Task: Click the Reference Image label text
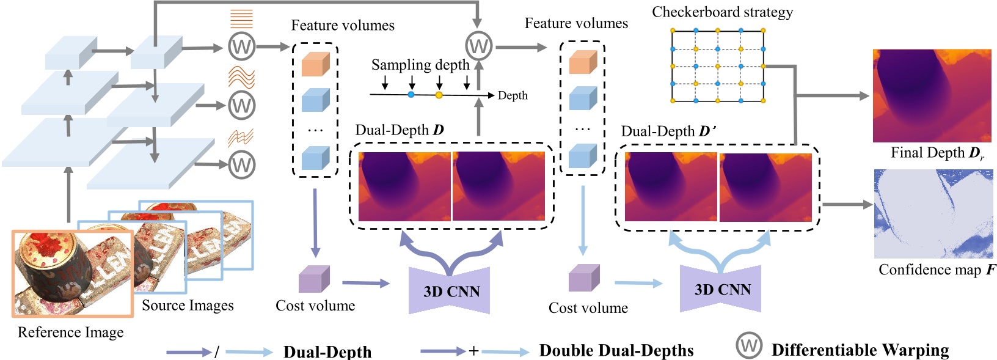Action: tap(70, 332)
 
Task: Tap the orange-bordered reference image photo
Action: tap(72, 273)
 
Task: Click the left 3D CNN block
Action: tap(450, 291)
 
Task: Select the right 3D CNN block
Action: tap(721, 289)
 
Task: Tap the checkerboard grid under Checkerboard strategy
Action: tap(718, 65)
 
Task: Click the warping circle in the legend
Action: tap(749, 345)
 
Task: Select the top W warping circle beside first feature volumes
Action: tap(241, 46)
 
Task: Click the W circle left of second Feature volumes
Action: tap(478, 45)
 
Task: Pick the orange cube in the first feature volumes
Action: tap(315, 64)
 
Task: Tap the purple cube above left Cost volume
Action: tap(314, 279)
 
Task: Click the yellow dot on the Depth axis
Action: tap(439, 95)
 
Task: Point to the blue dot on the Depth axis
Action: tap(411, 95)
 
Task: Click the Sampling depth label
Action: tap(420, 65)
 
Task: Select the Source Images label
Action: tap(188, 305)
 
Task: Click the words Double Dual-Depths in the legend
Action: tap(616, 350)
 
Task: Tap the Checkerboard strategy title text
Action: tap(722, 12)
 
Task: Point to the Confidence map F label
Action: tap(937, 270)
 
